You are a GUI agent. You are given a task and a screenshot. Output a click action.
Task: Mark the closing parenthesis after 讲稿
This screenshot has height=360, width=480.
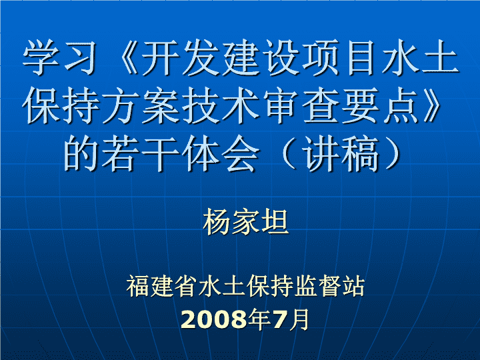tap(393, 153)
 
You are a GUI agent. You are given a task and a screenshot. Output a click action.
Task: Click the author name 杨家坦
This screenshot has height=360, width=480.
tap(245, 221)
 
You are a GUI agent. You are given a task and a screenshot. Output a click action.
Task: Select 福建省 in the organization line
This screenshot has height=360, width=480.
tap(161, 286)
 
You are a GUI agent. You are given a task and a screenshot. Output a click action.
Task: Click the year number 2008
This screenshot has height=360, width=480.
tap(214, 319)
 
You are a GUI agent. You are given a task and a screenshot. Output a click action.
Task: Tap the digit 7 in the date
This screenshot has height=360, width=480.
tap(279, 319)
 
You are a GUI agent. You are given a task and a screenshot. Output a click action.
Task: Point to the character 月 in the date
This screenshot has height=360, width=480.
tap(299, 319)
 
